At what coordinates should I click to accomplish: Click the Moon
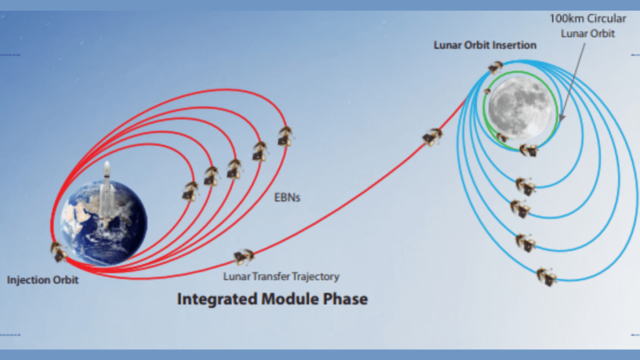(520, 107)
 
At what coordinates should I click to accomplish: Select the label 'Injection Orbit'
(43, 280)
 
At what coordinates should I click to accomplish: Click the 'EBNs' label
(287, 198)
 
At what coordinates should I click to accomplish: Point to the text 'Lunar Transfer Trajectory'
(281, 276)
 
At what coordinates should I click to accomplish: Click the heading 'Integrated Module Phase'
(272, 299)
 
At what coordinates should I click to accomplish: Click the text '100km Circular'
(587, 19)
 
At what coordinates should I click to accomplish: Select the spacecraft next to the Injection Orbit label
(58, 252)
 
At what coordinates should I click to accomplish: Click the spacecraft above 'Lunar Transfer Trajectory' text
(244, 256)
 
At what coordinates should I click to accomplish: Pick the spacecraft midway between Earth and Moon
(432, 136)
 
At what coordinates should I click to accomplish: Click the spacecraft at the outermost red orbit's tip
(286, 136)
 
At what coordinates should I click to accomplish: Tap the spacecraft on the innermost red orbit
(190, 191)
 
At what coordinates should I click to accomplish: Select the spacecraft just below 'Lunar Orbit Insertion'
(496, 67)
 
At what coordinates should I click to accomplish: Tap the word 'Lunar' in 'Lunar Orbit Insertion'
(447, 46)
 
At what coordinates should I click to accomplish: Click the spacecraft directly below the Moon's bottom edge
(528, 150)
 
